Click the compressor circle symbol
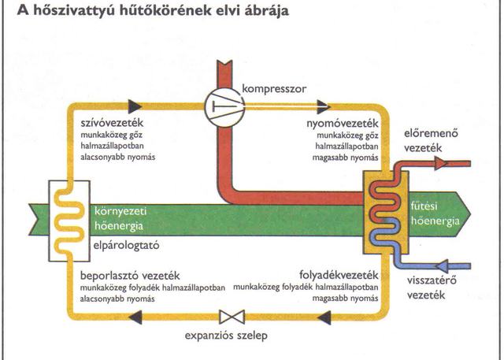(x=224, y=104)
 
